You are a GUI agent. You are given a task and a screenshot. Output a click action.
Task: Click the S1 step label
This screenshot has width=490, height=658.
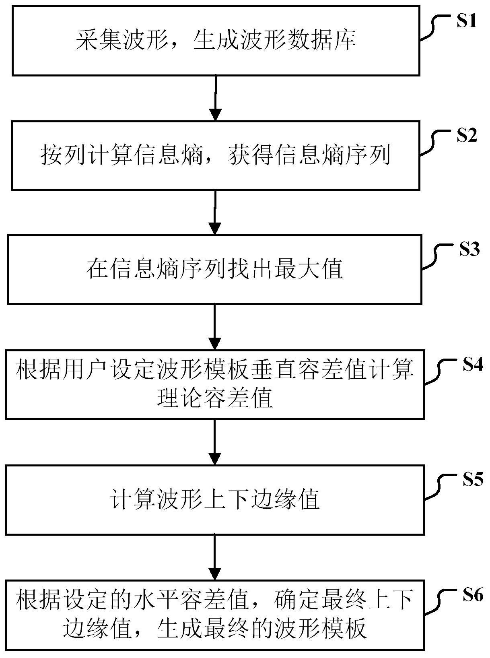tap(466, 21)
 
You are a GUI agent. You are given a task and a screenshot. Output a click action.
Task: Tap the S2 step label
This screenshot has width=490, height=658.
tap(467, 136)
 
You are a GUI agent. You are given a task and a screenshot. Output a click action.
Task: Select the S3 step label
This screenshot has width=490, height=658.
tap(469, 250)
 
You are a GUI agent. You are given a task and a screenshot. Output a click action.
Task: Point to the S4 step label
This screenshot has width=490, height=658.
tap(472, 365)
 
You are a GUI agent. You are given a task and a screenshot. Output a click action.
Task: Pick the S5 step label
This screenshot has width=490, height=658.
tap(472, 479)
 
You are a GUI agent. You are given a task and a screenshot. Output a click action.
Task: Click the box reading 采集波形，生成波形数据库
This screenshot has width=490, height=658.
tap(216, 41)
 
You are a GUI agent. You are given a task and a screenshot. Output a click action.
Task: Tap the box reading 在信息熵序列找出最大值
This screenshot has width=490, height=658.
tap(214, 269)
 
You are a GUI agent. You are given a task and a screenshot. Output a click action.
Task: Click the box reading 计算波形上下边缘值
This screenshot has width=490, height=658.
tap(215, 500)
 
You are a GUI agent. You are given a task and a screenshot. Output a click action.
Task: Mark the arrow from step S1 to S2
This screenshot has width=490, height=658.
tap(216, 98)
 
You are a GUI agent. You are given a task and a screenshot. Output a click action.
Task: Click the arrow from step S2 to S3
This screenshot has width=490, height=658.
tap(215, 212)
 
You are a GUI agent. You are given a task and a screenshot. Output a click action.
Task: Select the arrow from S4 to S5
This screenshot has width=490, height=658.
tap(215, 442)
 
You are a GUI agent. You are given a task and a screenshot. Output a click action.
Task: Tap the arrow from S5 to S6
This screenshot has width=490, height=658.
tap(215, 557)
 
